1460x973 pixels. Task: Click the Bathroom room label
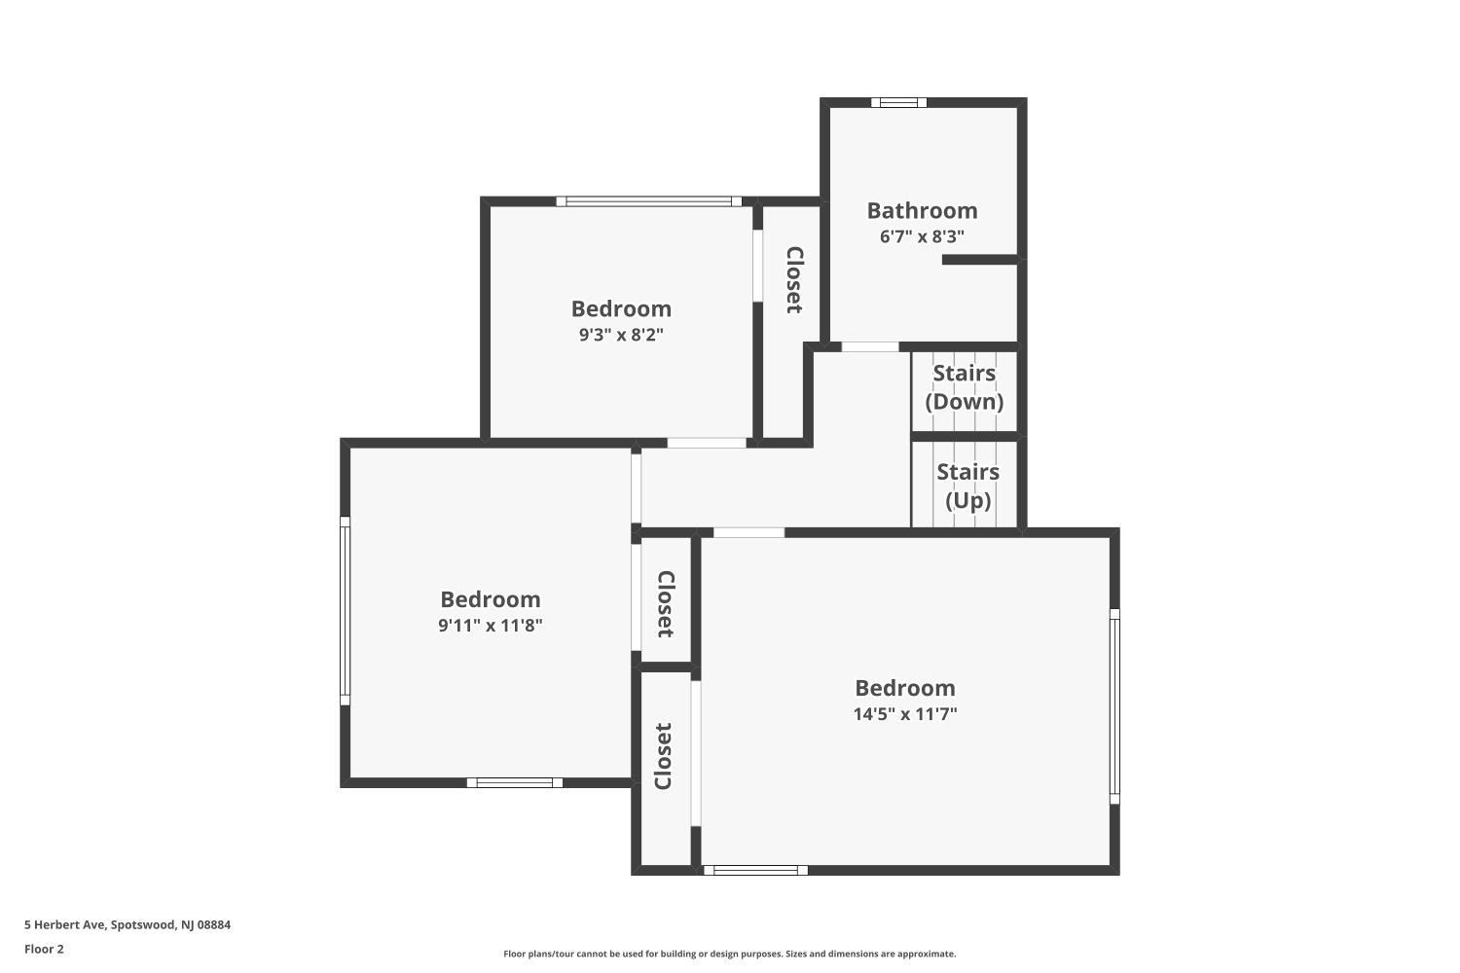(x=922, y=210)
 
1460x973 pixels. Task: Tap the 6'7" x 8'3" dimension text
(x=922, y=236)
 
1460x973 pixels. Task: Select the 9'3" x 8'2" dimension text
(x=621, y=335)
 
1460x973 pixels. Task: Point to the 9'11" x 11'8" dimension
(x=490, y=626)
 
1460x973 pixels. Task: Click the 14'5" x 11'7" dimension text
(x=905, y=714)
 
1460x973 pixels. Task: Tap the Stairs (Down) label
(x=964, y=387)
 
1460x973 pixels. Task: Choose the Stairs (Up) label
(x=967, y=486)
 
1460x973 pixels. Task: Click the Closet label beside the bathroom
(x=793, y=280)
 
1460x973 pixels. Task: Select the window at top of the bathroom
(x=898, y=102)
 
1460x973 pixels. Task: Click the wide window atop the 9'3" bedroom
(x=649, y=201)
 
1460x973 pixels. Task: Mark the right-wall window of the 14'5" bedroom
(x=1114, y=706)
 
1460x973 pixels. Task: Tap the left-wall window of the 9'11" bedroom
(x=345, y=610)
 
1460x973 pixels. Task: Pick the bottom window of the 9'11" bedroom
(x=514, y=782)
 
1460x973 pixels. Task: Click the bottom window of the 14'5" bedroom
(x=755, y=870)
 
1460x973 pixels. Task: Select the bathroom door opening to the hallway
(x=870, y=346)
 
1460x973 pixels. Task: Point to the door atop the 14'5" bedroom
(x=748, y=532)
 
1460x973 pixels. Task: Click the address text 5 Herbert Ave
(x=128, y=925)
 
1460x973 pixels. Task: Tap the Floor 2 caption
(x=44, y=950)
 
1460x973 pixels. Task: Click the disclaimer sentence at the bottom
(x=729, y=955)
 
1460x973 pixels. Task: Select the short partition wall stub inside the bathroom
(x=979, y=260)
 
